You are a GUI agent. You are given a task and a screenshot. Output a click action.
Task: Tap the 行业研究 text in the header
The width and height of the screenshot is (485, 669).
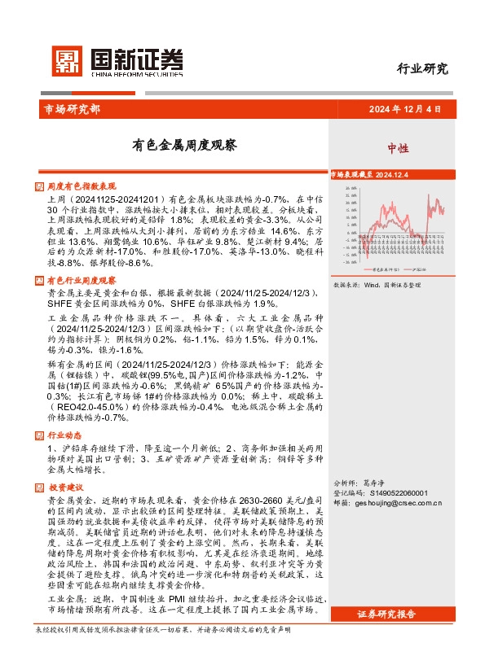422,69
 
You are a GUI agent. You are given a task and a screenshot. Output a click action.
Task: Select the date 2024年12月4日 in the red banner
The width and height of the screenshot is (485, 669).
404,109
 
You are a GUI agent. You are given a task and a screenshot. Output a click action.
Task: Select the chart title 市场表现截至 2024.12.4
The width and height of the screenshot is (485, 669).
374,174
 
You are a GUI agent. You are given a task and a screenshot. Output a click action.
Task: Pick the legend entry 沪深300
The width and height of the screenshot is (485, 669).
423,268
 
